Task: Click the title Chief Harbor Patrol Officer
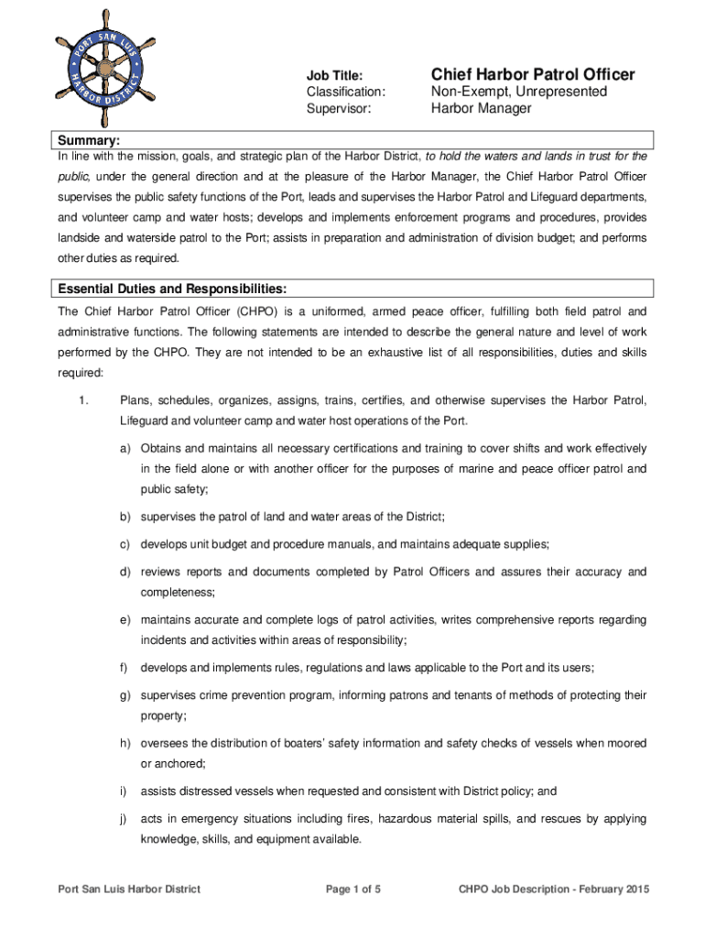(x=532, y=74)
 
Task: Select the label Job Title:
(x=334, y=76)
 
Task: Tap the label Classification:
(x=345, y=93)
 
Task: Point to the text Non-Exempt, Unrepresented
(x=518, y=93)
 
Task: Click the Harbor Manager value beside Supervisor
(x=481, y=109)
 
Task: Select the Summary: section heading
(x=89, y=140)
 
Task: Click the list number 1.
(x=82, y=400)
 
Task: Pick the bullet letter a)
(x=124, y=449)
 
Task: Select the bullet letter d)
(x=124, y=573)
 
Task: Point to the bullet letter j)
(x=123, y=819)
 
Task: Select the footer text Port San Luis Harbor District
(x=129, y=889)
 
